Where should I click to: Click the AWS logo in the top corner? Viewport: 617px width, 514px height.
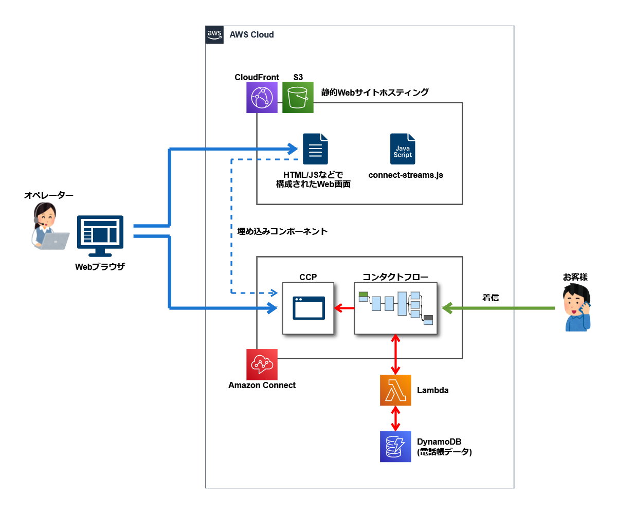point(214,34)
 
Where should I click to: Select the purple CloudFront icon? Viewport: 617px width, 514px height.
point(262,98)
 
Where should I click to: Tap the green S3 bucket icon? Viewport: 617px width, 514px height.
point(298,98)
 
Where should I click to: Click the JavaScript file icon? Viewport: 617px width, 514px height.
point(403,149)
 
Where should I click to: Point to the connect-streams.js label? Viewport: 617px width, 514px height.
point(406,175)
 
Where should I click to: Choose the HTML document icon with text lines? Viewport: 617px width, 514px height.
point(315,149)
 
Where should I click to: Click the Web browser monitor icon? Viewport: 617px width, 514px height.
point(100,236)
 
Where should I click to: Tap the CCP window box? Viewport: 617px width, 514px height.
point(308,308)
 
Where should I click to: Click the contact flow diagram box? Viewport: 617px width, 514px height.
point(395,308)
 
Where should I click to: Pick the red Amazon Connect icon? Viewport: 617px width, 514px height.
point(262,364)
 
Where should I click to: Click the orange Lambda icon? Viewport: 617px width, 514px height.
point(395,390)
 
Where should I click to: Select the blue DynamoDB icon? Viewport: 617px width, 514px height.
point(395,447)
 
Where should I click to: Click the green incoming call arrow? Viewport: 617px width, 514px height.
point(499,308)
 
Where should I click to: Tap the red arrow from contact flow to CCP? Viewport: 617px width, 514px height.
point(344,308)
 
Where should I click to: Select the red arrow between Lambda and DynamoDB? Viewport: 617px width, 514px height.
point(395,418)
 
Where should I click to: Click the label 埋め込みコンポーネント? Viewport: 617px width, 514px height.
point(282,231)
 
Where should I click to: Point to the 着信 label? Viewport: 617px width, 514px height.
point(490,297)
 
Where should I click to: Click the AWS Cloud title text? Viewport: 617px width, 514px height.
point(251,35)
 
